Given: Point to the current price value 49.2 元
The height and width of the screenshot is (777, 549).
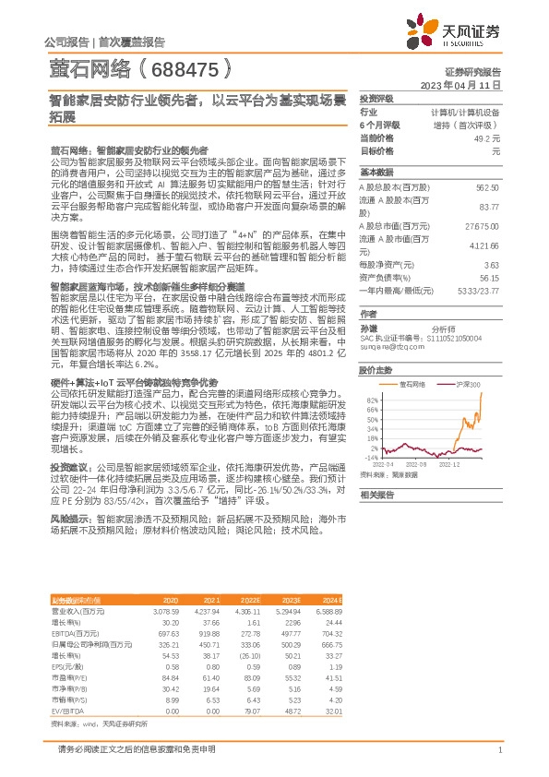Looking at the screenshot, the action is coord(486,137).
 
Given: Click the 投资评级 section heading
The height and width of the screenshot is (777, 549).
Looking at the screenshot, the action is coord(376,98).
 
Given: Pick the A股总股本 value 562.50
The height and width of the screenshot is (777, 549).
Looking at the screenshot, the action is coord(486,187).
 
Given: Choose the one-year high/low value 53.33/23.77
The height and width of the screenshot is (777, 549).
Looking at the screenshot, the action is coord(478,290).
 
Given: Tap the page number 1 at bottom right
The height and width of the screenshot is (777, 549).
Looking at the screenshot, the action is coord(499,749).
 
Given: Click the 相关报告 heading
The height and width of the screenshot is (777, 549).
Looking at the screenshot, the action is coord(376,495).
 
